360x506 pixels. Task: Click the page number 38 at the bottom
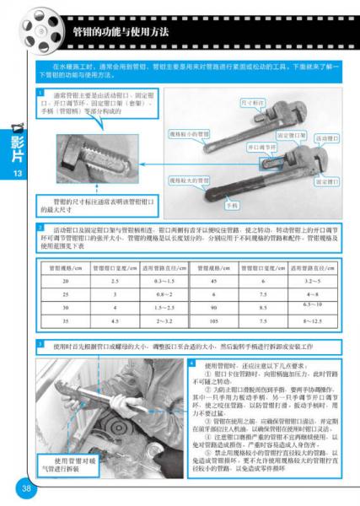(26, 489)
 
